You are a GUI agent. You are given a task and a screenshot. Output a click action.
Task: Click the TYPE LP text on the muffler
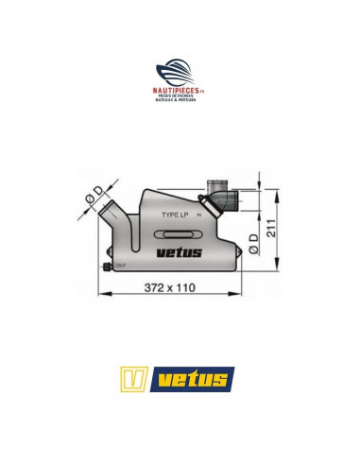pos(178,215)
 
